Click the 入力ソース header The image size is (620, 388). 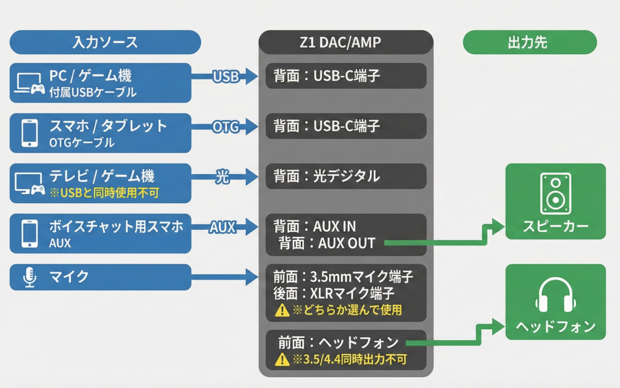tap(105, 42)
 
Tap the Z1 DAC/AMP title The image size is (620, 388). tap(346, 42)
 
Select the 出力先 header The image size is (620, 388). tap(529, 42)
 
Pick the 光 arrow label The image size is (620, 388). tap(223, 177)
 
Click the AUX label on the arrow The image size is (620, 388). tap(223, 227)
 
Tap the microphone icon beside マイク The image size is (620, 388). tap(29, 277)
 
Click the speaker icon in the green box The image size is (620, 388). tap(555, 193)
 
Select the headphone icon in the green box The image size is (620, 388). tap(555, 295)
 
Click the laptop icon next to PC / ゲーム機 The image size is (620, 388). tap(29, 83)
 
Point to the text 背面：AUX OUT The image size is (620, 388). tap(328, 243)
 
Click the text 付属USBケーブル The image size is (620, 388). tap(93, 93)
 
